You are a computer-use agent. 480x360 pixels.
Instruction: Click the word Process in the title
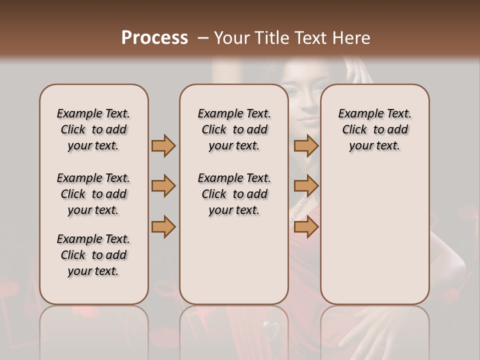[x=154, y=38]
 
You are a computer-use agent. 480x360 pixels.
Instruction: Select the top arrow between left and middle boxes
[x=163, y=145]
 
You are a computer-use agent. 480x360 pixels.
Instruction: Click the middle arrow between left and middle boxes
[x=163, y=186]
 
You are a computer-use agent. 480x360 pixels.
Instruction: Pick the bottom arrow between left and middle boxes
[x=163, y=227]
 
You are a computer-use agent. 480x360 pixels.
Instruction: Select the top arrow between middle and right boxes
[x=306, y=145]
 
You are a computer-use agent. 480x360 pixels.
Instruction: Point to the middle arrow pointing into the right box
[x=306, y=186]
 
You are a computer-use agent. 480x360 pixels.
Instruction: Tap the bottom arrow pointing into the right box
[x=306, y=227]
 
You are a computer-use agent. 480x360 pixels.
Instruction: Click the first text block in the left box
[x=93, y=129]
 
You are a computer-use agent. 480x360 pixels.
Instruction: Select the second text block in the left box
[x=93, y=194]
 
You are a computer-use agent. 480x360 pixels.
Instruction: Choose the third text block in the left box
[x=93, y=255]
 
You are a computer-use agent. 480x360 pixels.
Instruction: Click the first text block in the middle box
[x=234, y=129]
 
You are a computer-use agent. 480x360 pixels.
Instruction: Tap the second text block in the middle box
[x=234, y=194]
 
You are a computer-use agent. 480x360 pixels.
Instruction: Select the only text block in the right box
[x=375, y=129]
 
